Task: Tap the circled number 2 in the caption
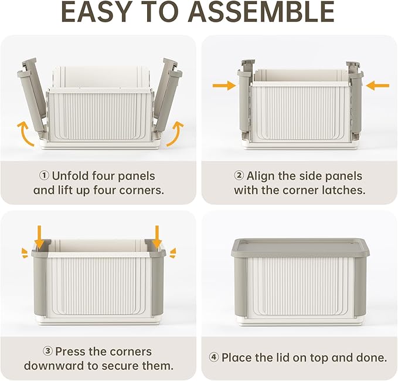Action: coord(239,176)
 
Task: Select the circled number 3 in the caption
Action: coord(47,352)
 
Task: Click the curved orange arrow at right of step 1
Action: coord(175,133)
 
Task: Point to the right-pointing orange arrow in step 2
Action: coord(223,86)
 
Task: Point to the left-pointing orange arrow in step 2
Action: coord(377,86)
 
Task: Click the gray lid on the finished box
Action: coord(300,247)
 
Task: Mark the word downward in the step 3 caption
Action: coord(52,366)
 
